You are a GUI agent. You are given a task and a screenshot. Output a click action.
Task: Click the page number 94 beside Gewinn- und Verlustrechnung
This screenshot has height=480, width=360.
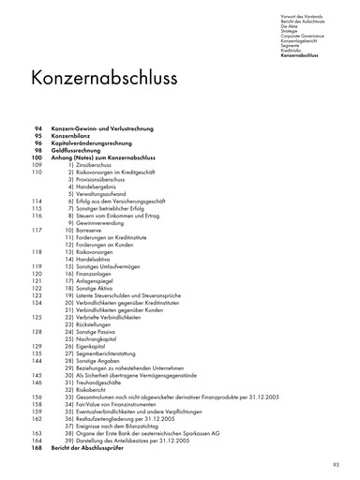pyautogui.click(x=37, y=127)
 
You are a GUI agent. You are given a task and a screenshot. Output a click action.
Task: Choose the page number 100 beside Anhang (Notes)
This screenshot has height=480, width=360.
pyautogui.click(x=37, y=157)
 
